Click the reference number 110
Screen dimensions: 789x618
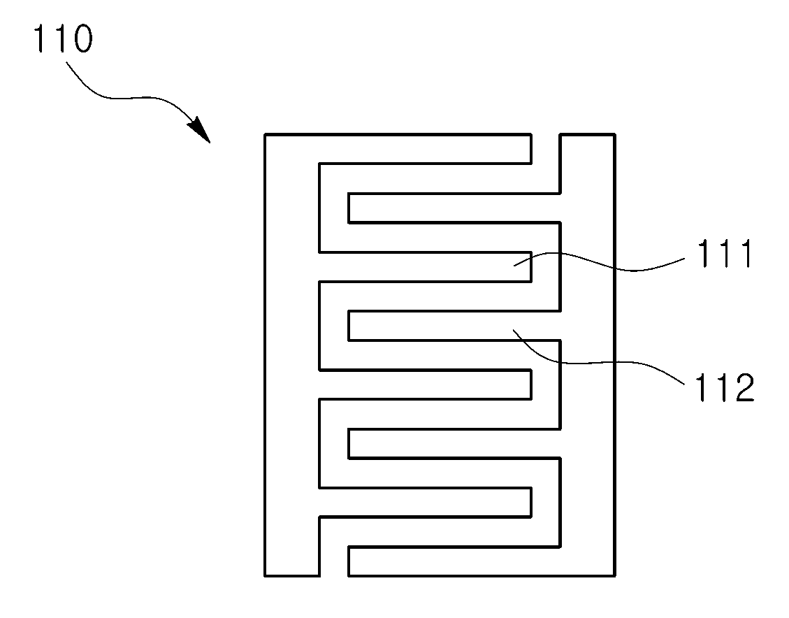(x=63, y=38)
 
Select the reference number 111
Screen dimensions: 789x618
(x=724, y=254)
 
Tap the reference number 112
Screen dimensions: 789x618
(x=725, y=387)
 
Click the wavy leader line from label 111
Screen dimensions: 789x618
(x=599, y=262)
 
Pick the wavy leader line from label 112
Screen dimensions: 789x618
(x=599, y=362)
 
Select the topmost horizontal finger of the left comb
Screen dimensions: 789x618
(x=425, y=149)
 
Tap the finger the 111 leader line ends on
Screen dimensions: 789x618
(x=425, y=267)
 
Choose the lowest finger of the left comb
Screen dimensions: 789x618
(x=425, y=502)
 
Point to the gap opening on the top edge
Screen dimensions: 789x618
(x=546, y=135)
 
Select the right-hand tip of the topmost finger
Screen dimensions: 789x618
(x=531, y=149)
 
